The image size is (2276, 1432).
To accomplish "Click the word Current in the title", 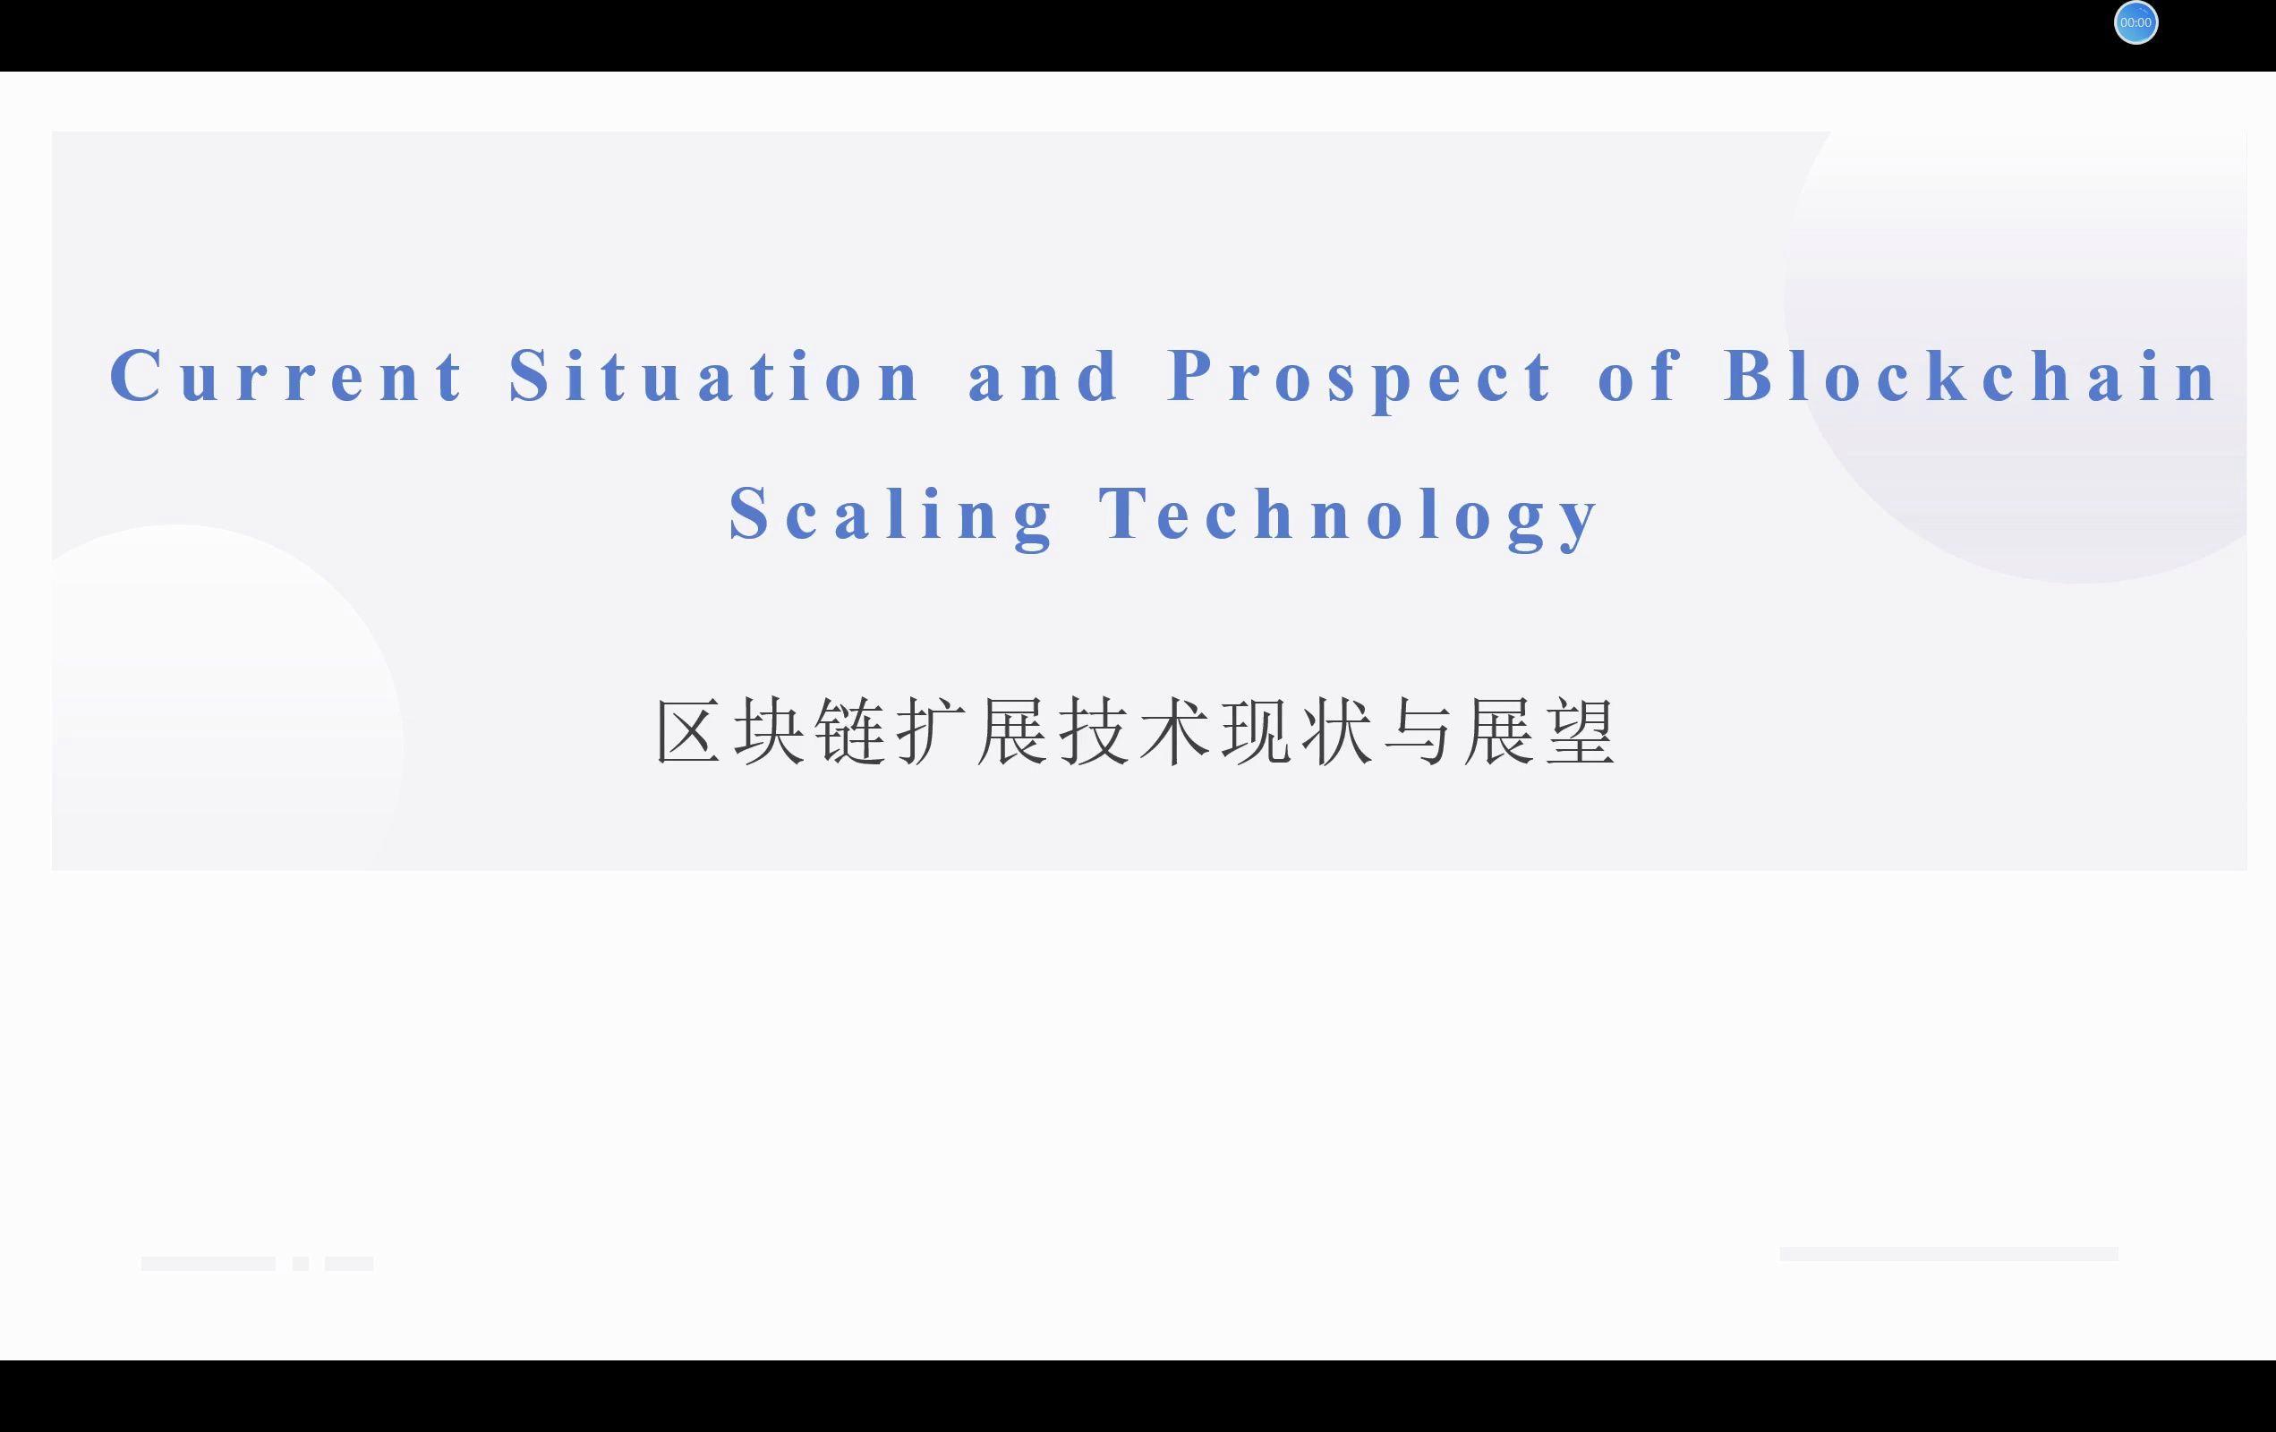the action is click(286, 375).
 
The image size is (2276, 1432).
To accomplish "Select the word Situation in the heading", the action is click(713, 375).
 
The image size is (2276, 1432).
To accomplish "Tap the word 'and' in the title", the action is click(1043, 375).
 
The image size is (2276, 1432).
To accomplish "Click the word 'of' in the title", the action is click(1638, 375).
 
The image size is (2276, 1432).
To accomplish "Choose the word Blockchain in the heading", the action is click(1970, 375).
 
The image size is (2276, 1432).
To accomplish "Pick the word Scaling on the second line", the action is click(891, 516).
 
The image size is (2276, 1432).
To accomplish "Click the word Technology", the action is click(1348, 516).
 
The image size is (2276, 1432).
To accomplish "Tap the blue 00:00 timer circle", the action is click(2136, 22).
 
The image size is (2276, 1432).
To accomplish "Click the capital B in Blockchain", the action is click(1749, 375).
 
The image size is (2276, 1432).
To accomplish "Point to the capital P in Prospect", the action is click(1193, 374).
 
